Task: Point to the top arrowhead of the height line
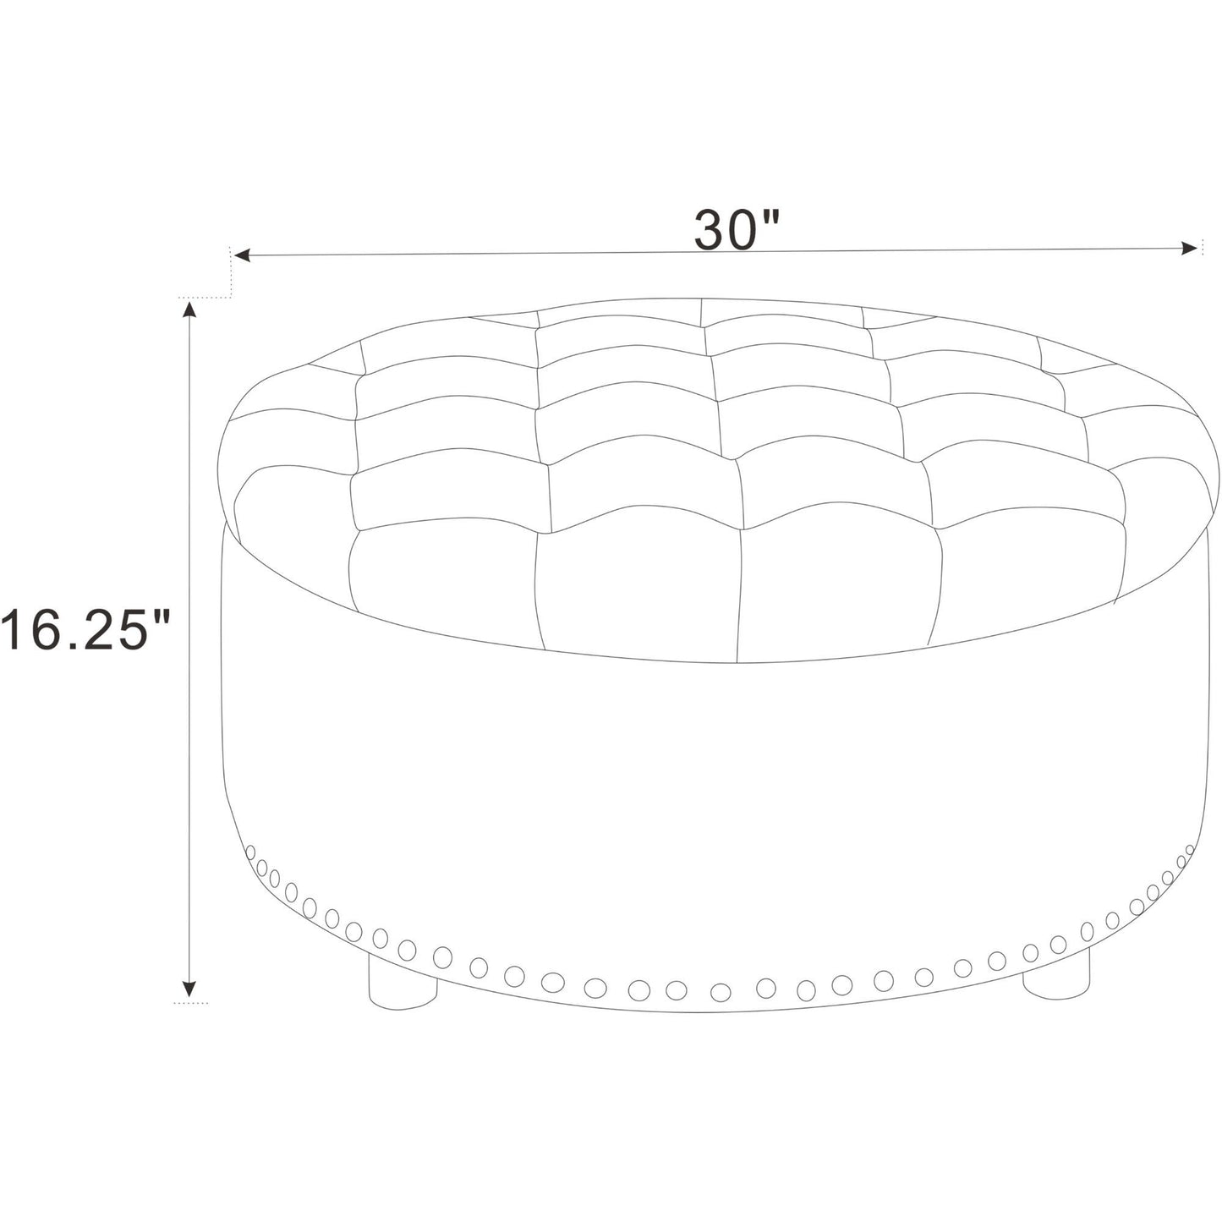pyautogui.click(x=189, y=309)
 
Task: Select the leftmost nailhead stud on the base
pyautogui.click(x=250, y=852)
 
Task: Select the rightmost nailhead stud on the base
pyautogui.click(x=1190, y=850)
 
